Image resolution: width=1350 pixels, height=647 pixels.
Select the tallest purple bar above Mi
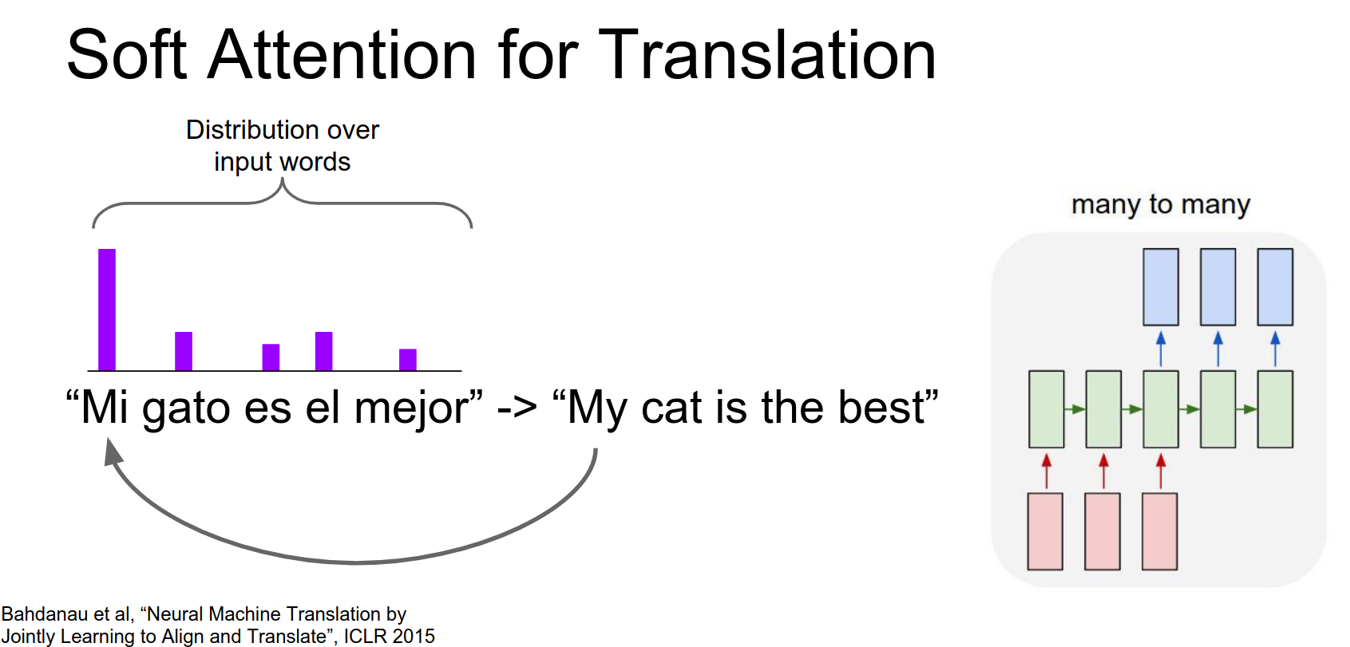[x=107, y=310]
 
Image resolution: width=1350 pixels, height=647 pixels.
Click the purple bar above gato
[x=184, y=351]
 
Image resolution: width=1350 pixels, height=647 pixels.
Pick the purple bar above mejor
[x=408, y=360]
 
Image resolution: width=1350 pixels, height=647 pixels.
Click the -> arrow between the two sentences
[x=517, y=408]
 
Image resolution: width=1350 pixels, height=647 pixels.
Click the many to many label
[x=1161, y=205]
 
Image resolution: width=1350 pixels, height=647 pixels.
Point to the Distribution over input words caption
[x=282, y=146]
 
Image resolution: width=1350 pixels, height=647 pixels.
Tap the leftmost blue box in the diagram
[x=1161, y=286]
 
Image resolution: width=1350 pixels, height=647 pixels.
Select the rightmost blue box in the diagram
[x=1275, y=286]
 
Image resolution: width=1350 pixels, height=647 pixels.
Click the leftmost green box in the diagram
[x=1047, y=409]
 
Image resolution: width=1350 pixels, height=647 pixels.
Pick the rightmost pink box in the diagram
[x=1159, y=531]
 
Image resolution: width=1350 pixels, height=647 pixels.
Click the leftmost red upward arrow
[x=1047, y=471]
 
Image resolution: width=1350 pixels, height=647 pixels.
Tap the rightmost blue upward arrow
[x=1275, y=349]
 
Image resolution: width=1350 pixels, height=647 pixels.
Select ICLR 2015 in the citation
[x=390, y=636]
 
